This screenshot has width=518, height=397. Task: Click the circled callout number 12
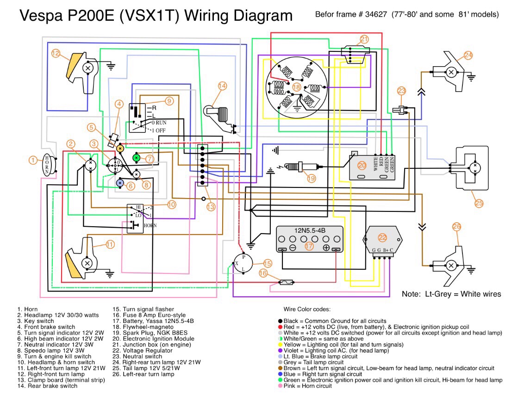click(56, 53)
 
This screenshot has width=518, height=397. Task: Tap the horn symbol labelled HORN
click(47, 164)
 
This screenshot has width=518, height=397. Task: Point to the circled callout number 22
click(382, 237)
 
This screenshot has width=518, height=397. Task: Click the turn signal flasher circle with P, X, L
click(243, 265)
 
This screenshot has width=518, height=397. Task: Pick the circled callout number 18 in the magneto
click(297, 87)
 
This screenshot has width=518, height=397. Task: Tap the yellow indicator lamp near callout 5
click(120, 149)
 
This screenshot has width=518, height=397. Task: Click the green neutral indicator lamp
click(137, 158)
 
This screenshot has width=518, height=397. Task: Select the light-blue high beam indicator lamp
click(120, 183)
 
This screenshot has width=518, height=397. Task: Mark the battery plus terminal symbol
click(326, 248)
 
